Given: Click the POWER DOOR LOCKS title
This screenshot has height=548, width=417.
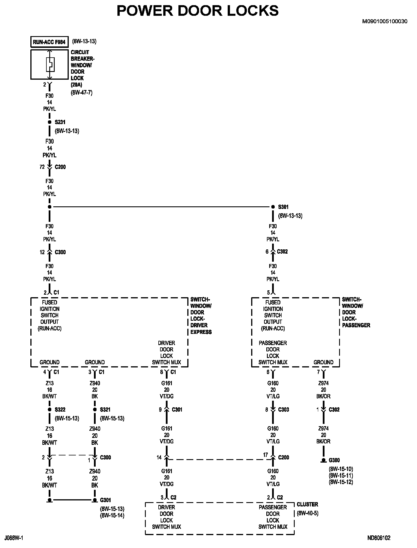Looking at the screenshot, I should pos(198,11).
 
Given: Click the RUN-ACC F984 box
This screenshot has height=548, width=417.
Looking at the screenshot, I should pos(49,42).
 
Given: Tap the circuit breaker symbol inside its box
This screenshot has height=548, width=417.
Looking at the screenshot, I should pos(50,64).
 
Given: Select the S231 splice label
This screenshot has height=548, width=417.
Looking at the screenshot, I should pos(60,122).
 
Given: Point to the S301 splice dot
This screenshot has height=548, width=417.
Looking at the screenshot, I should pos(273,207).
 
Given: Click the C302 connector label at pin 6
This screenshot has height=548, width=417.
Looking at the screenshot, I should pos(282,252).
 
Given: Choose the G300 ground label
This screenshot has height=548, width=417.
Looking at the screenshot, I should pos(334,460).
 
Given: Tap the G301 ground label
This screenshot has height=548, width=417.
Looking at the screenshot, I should pos(105,500).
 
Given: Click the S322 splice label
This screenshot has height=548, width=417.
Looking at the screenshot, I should pos(60,410).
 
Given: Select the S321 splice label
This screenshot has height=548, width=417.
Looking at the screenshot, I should pos(105,410).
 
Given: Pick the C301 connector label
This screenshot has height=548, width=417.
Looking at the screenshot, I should pos(177,410).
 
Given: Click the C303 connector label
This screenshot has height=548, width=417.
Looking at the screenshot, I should pos(284,410).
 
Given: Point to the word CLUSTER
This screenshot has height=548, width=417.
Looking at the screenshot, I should pos(307,504).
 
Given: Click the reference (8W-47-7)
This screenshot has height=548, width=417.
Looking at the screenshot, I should pos(82,93).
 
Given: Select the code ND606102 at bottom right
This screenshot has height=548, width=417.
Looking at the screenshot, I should pos(379,538).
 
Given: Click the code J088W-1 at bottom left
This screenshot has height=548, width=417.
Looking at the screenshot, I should pos(14,538).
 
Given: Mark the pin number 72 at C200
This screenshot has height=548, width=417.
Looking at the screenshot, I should pos(42,167).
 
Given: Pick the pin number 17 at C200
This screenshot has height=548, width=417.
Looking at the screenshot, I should pos(265,455).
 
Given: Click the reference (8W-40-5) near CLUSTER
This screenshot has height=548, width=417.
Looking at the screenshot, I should pos(307,513).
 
